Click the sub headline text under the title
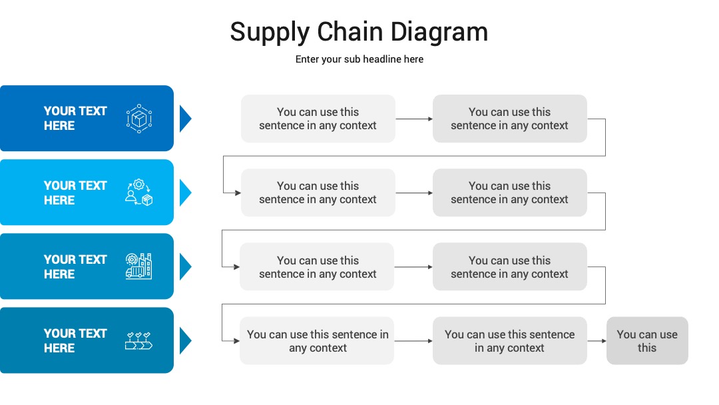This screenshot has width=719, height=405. pyautogui.click(x=359, y=59)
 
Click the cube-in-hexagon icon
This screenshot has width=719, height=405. pyautogui.click(x=139, y=119)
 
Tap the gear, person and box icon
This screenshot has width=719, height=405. pyautogui.click(x=139, y=193)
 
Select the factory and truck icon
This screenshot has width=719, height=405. pyautogui.click(x=138, y=266)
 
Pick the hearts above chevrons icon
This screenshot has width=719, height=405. pyautogui.click(x=138, y=341)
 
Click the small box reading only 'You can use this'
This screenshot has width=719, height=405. pyautogui.click(x=647, y=341)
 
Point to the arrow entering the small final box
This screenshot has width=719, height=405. pyautogui.click(x=597, y=341)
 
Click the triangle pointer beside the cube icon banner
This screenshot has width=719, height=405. pyautogui.click(x=185, y=119)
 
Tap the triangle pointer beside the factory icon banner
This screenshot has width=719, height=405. pyautogui.click(x=185, y=266)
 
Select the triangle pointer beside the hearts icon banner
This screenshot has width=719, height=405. pyautogui.click(x=185, y=341)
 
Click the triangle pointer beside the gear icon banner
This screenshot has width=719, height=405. pyautogui.click(x=185, y=193)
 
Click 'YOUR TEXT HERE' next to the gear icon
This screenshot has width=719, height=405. pyautogui.click(x=75, y=193)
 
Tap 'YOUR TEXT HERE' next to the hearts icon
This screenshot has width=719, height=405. pyautogui.click(x=75, y=341)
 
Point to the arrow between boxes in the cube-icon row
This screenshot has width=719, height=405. pyautogui.click(x=414, y=119)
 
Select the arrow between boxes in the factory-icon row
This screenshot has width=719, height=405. pyautogui.click(x=413, y=267)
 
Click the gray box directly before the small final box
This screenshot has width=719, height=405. pyautogui.click(x=510, y=341)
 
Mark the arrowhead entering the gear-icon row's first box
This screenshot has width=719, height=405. pyautogui.click(x=238, y=193)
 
